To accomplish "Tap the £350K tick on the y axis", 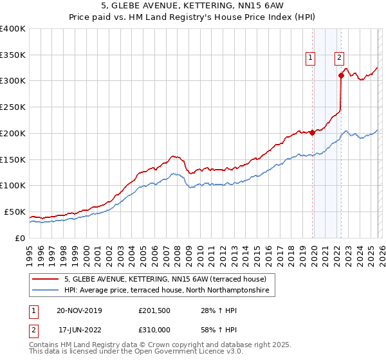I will tap(13, 55).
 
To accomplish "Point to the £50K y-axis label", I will tap(15, 212).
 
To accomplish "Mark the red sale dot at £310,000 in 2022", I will tap(341, 75).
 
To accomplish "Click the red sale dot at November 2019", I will tap(312, 132).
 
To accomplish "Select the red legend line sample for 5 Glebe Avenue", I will tap(46, 279).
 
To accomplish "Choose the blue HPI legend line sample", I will tap(46, 291).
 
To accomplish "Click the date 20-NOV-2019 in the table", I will tap(79, 310).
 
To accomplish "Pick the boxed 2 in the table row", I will tap(33, 328).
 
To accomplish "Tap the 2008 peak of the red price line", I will tap(173, 156).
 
